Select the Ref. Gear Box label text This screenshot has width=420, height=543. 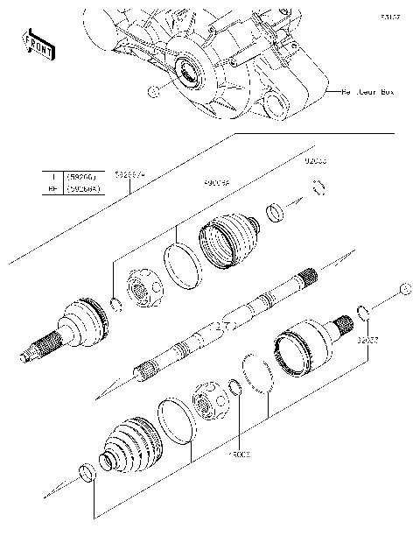click(x=367, y=91)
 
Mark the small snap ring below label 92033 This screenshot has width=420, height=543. click(x=320, y=186)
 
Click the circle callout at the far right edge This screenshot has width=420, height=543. click(x=403, y=290)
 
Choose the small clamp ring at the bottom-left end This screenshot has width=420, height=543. click(x=87, y=474)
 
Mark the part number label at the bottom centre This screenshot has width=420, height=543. click(x=240, y=455)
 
